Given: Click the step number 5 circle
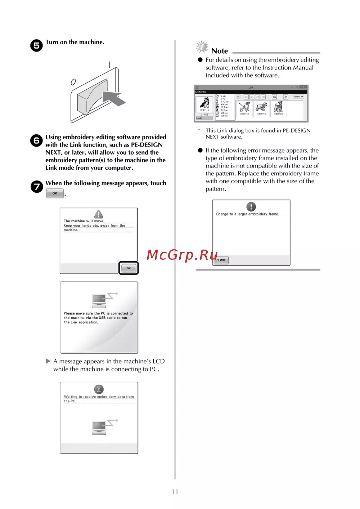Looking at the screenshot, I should tap(36, 46).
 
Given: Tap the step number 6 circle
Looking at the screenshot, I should tap(36, 140).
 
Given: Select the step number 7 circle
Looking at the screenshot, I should tap(36, 187).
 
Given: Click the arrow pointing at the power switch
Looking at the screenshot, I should tap(114, 98).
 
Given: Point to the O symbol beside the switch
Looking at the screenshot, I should tap(73, 82).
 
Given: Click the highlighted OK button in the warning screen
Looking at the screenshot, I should tap(129, 268).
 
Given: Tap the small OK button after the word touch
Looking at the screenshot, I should tap(55, 193).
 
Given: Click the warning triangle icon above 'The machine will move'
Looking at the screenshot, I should tap(98, 214).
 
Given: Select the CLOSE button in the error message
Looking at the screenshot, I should tap(221, 260).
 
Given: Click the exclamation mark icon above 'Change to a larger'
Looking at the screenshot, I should tap(251, 206).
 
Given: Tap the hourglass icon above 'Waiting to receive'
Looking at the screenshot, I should tap(99, 389).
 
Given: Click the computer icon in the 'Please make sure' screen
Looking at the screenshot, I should tap(99, 300).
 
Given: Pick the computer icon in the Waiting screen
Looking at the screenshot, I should tap(99, 427).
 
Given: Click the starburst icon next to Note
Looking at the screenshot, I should tap(202, 47).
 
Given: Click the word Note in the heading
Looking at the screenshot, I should tap(220, 51).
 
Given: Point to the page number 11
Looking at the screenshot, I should tap(175, 492).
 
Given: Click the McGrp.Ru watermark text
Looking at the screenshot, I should tap(182, 255).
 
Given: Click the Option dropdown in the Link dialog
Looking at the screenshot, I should tap(298, 97).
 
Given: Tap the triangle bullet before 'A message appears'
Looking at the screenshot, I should tap(48, 361).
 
